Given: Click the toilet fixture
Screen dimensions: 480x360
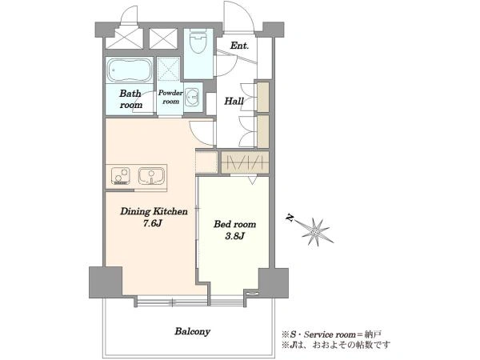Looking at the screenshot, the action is click(x=198, y=41).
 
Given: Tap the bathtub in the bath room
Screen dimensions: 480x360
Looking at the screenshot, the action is click(x=130, y=70).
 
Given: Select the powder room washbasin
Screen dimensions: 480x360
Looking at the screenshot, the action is click(x=193, y=98).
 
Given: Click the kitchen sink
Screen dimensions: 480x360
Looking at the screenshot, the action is click(x=151, y=176).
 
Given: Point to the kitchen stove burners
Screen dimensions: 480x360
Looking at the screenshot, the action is click(x=120, y=176).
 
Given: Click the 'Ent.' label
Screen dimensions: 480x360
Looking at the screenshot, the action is click(x=239, y=46).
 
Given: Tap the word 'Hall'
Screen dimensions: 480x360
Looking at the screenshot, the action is click(x=234, y=101).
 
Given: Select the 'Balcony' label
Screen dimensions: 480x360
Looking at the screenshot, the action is click(x=193, y=331).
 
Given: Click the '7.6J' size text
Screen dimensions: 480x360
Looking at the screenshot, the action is click(x=152, y=223).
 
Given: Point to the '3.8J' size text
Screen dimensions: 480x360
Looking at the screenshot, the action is click(x=234, y=236).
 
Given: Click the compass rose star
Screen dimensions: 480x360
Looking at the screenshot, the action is click(x=316, y=231).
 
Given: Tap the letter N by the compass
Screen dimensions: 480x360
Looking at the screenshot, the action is click(x=290, y=218).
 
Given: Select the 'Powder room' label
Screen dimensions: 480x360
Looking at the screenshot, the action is click(x=170, y=97).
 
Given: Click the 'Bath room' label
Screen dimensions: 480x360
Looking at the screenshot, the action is click(x=130, y=99).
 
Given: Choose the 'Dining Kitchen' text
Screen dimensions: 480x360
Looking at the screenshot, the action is click(x=154, y=211).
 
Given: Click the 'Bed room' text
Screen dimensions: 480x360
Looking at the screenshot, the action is click(x=234, y=224).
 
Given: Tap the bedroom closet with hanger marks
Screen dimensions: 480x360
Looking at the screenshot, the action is click(x=245, y=162).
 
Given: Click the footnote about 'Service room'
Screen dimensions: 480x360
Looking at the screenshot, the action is click(x=331, y=334).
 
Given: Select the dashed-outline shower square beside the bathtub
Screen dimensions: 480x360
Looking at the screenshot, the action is click(x=168, y=69).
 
